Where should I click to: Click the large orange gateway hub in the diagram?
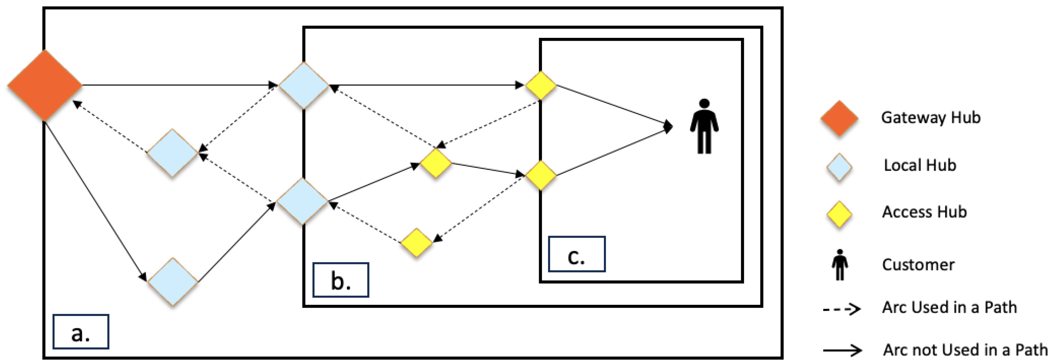click(44, 85)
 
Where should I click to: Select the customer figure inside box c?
click(704, 127)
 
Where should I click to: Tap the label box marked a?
click(81, 332)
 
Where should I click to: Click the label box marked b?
click(341, 280)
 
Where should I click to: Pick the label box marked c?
click(576, 254)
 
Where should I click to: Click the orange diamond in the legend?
click(839, 118)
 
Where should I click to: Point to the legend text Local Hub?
click(920, 165)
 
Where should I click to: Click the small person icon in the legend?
click(840, 265)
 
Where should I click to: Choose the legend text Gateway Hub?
click(931, 118)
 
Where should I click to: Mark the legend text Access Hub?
click(924, 212)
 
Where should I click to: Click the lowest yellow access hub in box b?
click(416, 242)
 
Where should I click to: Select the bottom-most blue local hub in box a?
click(173, 282)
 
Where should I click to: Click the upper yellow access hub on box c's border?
click(540, 85)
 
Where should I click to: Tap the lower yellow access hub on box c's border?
click(540, 175)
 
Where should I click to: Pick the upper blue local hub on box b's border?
click(303, 85)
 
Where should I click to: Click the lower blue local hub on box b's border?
click(302, 201)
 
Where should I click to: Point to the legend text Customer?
click(918, 265)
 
